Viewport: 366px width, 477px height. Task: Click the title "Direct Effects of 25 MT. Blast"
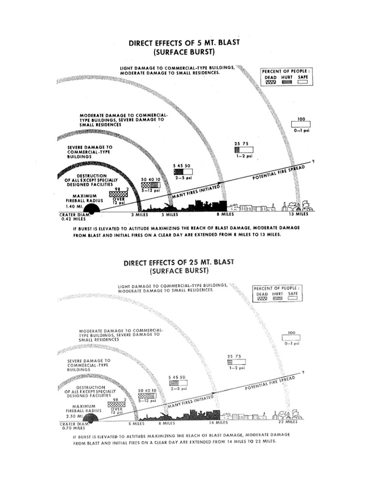coord(179,263)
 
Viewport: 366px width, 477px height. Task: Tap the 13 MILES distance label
coord(299,214)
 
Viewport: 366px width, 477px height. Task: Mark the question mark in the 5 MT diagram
coord(313,161)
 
